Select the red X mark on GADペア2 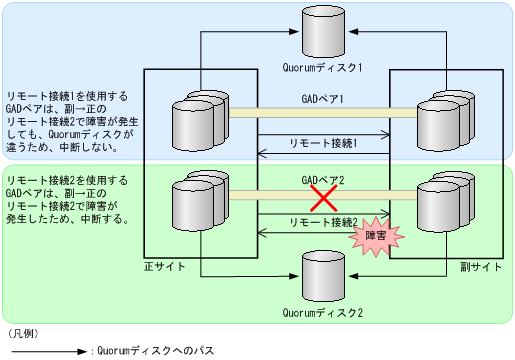pos(322,198)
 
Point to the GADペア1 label pos(322,100)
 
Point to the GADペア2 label pos(322,180)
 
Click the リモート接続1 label pos(322,143)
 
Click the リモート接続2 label pos(322,221)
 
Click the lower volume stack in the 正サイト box pos(197,203)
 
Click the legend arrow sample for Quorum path pos(46,351)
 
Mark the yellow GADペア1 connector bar pos(322,112)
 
